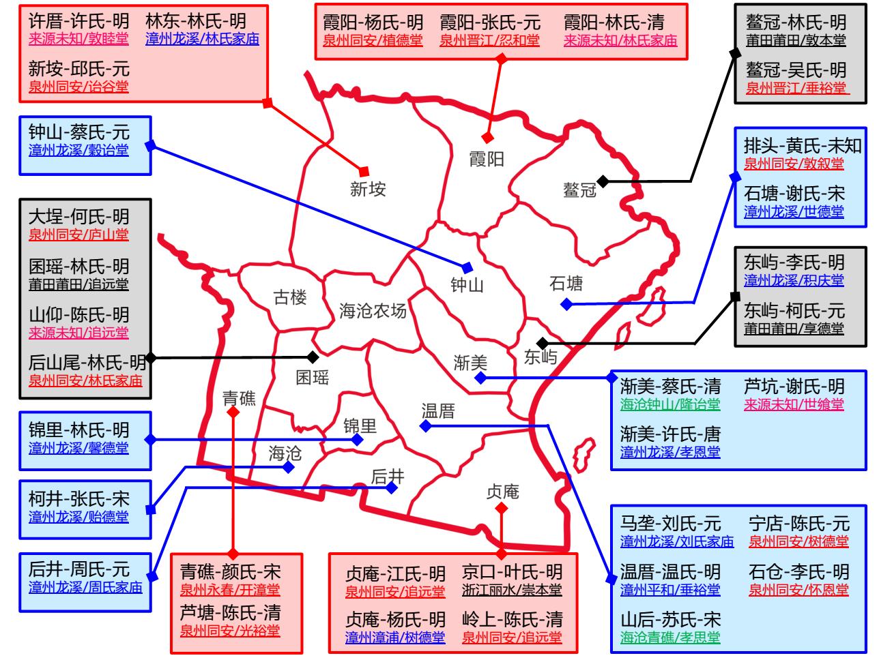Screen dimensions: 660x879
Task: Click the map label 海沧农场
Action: point(373,312)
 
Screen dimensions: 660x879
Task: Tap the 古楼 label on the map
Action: point(290,297)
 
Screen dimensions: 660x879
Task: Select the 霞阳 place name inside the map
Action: point(487,160)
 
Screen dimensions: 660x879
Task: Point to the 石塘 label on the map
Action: point(566,283)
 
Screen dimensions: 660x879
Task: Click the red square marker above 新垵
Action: point(364,170)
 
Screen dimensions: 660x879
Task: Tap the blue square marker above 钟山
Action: point(467,267)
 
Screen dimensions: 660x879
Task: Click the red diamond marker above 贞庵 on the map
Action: point(502,508)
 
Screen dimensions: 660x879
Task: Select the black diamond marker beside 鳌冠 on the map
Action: point(603,181)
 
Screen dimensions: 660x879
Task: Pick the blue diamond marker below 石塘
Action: point(566,304)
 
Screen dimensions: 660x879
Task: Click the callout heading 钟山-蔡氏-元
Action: point(79,131)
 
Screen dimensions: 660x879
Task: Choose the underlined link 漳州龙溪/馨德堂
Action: point(78,449)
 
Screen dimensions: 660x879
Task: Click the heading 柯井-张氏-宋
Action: point(78,498)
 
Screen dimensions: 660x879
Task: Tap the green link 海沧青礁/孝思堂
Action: point(670,638)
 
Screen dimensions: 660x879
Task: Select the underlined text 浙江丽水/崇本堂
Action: point(512,590)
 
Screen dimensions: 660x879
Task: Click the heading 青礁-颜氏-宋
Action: point(230,571)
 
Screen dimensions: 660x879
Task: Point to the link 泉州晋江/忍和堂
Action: point(489,41)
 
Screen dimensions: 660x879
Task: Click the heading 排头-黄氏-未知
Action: point(803,145)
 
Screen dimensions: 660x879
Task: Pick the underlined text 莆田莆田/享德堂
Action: point(794,329)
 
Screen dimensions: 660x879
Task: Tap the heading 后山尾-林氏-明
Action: point(87,362)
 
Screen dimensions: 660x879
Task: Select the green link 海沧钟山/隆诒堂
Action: point(670,404)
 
